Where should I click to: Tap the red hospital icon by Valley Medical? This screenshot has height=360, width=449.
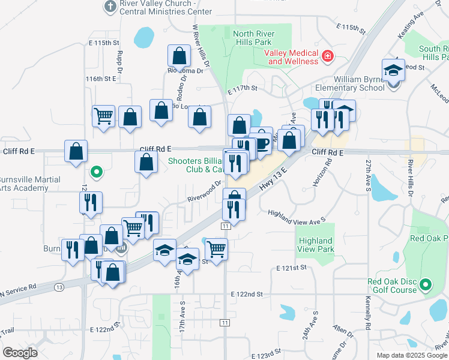point(328,57)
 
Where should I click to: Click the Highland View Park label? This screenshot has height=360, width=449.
point(316,245)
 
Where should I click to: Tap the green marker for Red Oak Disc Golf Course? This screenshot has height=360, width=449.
point(426,284)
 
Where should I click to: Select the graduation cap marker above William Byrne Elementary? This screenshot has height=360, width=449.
point(393,70)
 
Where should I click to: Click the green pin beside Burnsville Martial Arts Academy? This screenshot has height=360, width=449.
point(95,175)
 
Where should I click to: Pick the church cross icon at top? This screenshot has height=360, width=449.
point(110,6)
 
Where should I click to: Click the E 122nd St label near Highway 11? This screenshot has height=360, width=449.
point(247,294)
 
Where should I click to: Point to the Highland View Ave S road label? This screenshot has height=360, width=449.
point(297,217)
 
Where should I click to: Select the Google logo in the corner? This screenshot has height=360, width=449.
point(20,353)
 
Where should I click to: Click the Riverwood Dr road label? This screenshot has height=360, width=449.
point(204,191)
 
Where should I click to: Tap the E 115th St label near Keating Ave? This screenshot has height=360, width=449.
point(351,28)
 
